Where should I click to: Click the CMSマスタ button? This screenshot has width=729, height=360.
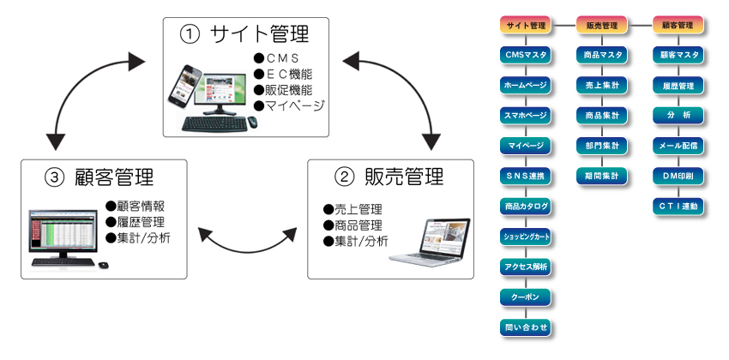pyautogui.click(x=526, y=55)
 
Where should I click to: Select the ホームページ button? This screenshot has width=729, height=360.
pyautogui.click(x=526, y=86)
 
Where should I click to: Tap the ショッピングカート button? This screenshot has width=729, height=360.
pyautogui.click(x=526, y=237)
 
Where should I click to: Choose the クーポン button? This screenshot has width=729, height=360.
pyautogui.click(x=526, y=297)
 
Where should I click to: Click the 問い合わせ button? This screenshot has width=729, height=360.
pyautogui.click(x=526, y=327)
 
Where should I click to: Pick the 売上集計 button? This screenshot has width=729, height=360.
pyautogui.click(x=602, y=86)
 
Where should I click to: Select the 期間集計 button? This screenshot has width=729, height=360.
pyautogui.click(x=602, y=176)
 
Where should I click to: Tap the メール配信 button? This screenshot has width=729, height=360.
pyautogui.click(x=678, y=146)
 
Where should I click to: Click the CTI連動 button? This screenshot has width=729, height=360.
pyautogui.click(x=678, y=207)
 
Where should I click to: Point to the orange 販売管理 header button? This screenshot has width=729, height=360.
pyautogui.click(x=602, y=25)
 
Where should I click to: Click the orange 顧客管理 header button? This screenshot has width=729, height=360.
pyautogui.click(x=678, y=25)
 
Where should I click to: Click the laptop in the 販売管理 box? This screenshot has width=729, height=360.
pyautogui.click(x=431, y=242)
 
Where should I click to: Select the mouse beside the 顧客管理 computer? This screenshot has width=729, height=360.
pyautogui.click(x=103, y=265)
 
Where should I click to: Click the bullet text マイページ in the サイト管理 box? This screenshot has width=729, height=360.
pyautogui.click(x=289, y=105)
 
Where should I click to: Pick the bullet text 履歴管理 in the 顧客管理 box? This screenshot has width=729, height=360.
pyautogui.click(x=136, y=222)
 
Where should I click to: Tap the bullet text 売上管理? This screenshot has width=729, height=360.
pyautogui.click(x=352, y=209)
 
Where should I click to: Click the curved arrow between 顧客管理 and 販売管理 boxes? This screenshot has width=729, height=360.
pyautogui.click(x=247, y=251)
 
